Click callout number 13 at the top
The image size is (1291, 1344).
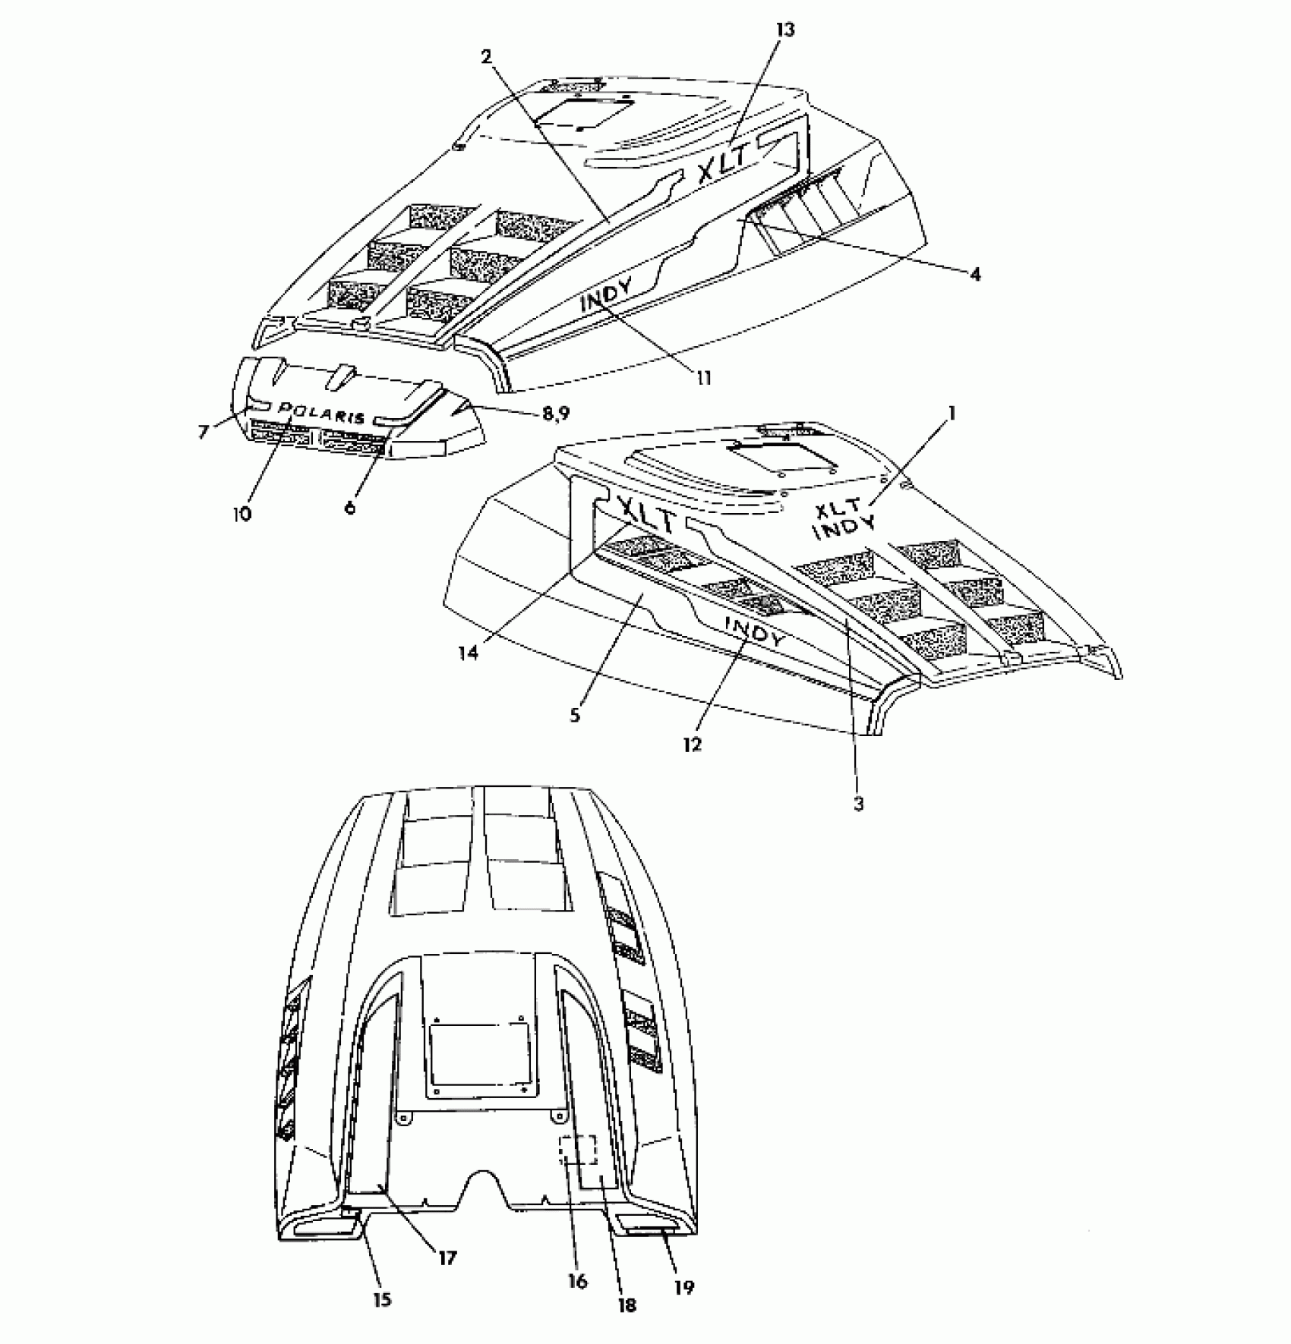coord(785,30)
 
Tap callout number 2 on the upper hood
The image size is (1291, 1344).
coord(487,56)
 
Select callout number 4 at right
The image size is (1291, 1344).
coord(975,274)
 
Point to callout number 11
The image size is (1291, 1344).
coord(705,377)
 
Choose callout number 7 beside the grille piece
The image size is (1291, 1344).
coord(203,432)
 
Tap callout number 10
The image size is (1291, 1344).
coord(241,514)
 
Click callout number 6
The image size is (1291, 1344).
coord(350,508)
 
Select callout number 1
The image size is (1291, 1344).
coord(952,414)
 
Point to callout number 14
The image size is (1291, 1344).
coord(469,652)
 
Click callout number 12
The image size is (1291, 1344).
coord(692,744)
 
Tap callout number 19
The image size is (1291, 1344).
coord(684,1286)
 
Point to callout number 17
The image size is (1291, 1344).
coord(447,1257)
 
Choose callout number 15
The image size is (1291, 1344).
coord(382,1299)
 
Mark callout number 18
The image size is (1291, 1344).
coord(627,1305)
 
